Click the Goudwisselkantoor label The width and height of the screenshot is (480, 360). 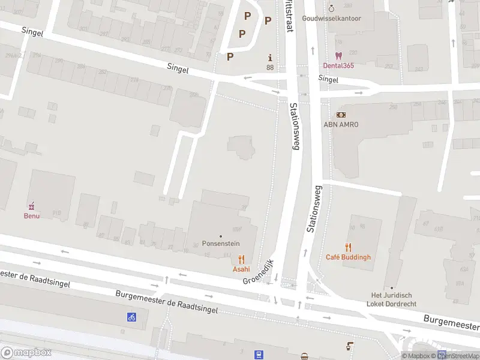coord(332,19)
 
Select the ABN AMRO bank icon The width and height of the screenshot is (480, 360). coord(341,115)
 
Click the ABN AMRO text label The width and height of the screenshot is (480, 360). coord(341,124)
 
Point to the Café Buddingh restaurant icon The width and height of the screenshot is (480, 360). coord(348,247)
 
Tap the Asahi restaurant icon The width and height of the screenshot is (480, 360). coord(241,260)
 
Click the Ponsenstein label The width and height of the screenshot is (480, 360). coord(221,244)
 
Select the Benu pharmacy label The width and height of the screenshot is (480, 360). coord(32,215)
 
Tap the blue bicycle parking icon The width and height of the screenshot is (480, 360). coord(131,317)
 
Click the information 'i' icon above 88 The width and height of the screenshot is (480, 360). coord(270,58)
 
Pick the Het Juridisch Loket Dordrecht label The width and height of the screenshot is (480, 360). coord(391,299)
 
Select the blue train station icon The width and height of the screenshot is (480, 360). coord(259,355)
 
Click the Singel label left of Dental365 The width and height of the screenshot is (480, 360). coord(328,79)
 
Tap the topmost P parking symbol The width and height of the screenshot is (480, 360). coord(247,16)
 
